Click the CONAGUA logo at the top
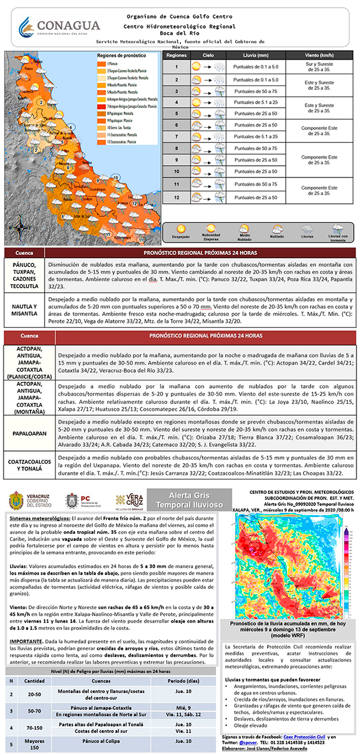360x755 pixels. click(59, 27)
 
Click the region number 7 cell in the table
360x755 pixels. click(176, 137)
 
